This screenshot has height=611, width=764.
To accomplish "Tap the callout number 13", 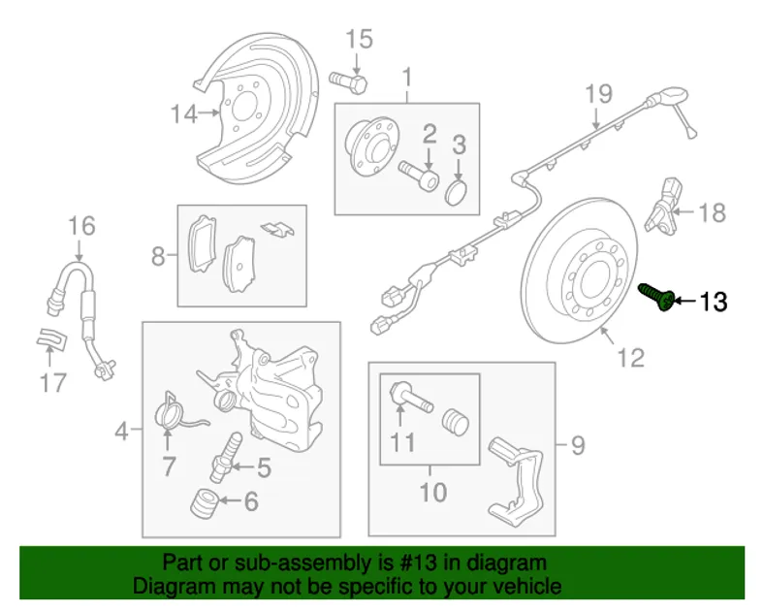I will click(x=712, y=303).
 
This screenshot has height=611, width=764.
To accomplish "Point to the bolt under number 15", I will click(x=348, y=80).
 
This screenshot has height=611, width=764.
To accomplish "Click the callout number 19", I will click(x=599, y=95).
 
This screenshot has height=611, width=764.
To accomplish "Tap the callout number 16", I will click(x=81, y=227).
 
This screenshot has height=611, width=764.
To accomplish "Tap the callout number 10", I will click(x=433, y=492).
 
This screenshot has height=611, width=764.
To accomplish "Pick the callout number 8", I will click(x=157, y=257).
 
